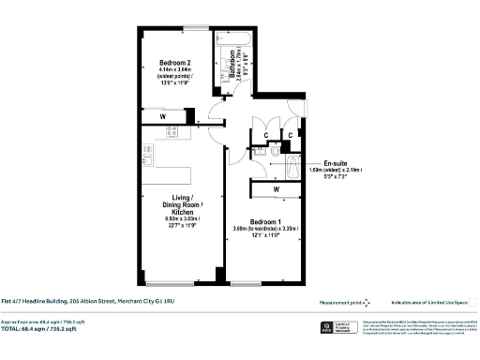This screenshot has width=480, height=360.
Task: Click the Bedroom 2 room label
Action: click(x=172, y=64)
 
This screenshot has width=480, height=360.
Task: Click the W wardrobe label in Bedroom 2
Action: click(x=164, y=117)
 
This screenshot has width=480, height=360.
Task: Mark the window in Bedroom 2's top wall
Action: click(x=197, y=24)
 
